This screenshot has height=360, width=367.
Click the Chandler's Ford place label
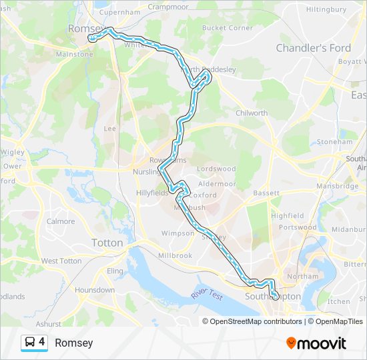pyautogui.click(x=314, y=48)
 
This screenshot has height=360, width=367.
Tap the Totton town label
pyautogui.click(x=107, y=243)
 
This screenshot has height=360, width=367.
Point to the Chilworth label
pyautogui.click(x=252, y=113)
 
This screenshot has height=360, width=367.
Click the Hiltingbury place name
pyautogui.click(x=326, y=9)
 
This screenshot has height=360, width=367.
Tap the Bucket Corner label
pyautogui.click(x=228, y=28)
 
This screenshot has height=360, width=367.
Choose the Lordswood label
pyautogui.click(x=216, y=169)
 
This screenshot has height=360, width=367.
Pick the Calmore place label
pyautogui.click(x=61, y=221)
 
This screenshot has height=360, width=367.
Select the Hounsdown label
pyautogui.click(x=95, y=290)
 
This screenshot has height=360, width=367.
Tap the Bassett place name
pyautogui.click(x=266, y=193)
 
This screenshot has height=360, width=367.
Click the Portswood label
pyautogui.click(x=298, y=227)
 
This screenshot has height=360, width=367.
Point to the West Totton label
pyautogui.click(x=61, y=261)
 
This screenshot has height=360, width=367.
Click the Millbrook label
pyautogui.click(x=175, y=255)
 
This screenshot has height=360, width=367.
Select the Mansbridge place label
pyautogui.click(x=338, y=186)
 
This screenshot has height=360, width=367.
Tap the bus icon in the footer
pyautogui.click(x=30, y=343)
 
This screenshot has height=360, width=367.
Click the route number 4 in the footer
pyautogui.click(x=42, y=342)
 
